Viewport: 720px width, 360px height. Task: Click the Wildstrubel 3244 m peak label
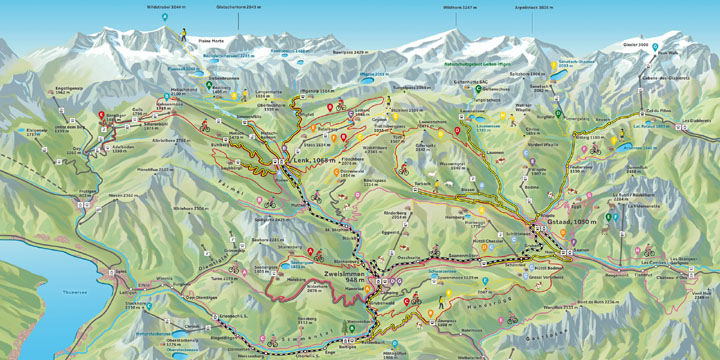[166, 6]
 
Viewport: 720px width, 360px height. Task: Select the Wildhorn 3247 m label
[460, 6]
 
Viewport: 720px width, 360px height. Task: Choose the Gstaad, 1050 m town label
[572, 221]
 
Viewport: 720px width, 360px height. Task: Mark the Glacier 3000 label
[636, 45]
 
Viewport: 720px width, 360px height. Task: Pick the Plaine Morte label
[211, 41]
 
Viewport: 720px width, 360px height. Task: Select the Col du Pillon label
[659, 111]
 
